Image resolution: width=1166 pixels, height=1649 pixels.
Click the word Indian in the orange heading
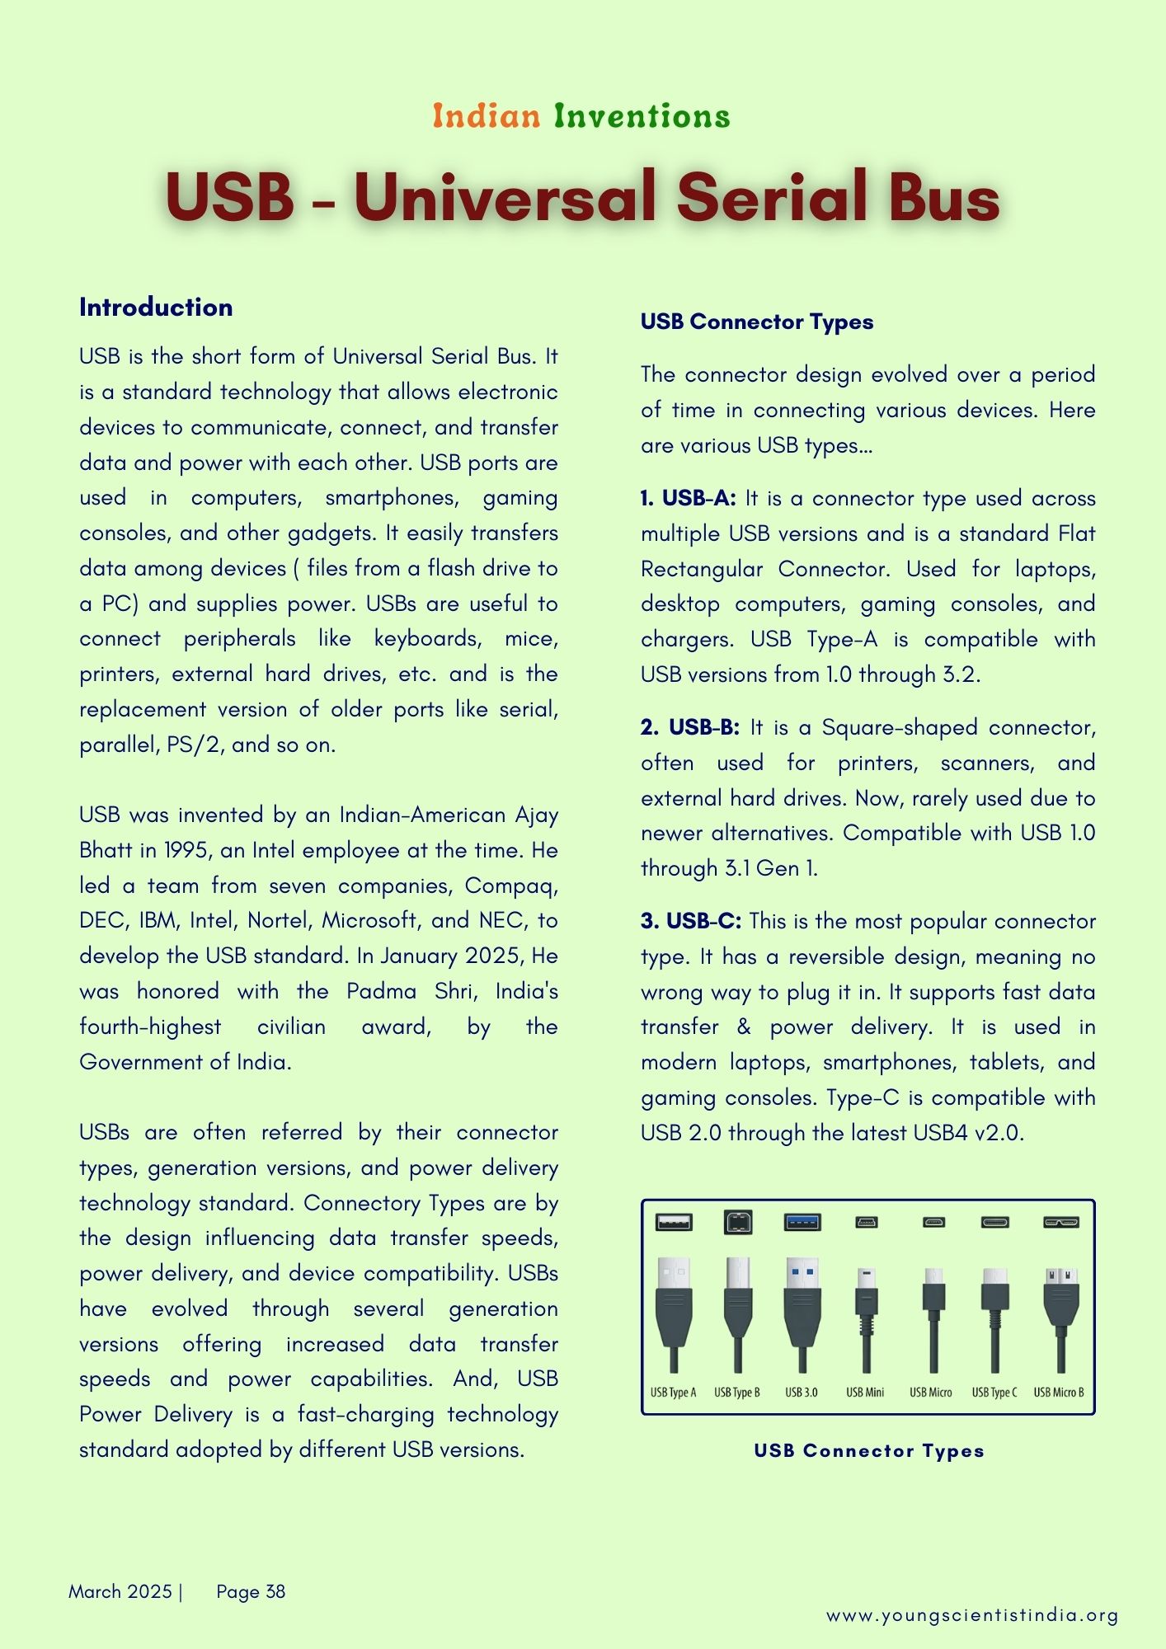click(487, 116)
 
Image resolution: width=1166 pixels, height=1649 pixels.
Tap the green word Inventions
click(642, 116)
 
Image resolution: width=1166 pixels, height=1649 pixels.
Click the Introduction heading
click(156, 308)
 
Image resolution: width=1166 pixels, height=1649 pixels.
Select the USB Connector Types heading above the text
click(756, 322)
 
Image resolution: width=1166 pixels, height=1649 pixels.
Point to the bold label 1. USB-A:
click(689, 498)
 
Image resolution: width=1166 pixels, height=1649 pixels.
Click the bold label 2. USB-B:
click(690, 727)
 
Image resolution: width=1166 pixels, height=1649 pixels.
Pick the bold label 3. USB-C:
click(691, 921)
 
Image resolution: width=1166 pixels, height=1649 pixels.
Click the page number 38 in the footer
click(275, 1591)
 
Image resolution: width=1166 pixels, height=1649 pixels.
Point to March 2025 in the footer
click(120, 1591)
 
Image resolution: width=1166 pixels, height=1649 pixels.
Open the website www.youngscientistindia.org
click(972, 1615)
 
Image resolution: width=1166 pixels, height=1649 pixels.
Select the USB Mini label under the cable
click(865, 1393)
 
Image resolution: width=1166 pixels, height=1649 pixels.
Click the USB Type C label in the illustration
click(994, 1393)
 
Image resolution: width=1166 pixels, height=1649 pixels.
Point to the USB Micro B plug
click(1060, 1303)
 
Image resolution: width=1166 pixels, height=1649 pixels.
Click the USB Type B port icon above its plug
click(737, 1222)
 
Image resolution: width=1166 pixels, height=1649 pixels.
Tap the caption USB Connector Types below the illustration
click(869, 1451)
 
